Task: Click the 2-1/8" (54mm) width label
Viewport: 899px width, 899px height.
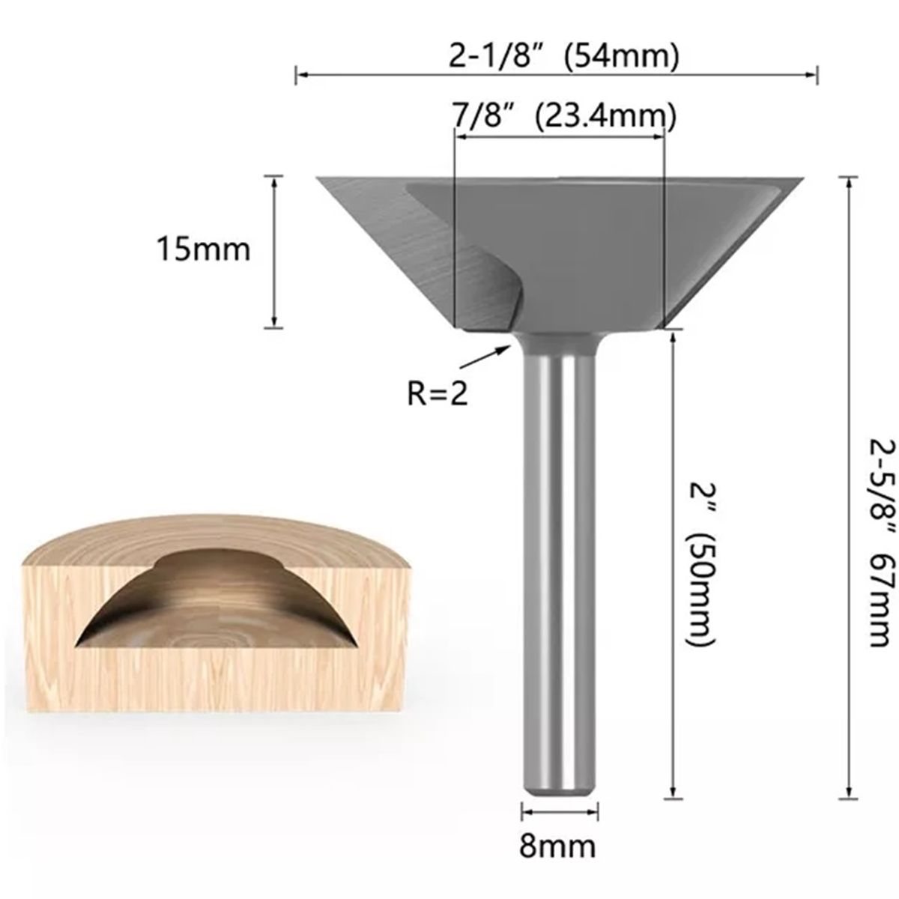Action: pyautogui.click(x=564, y=57)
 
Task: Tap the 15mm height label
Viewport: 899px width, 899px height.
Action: pyautogui.click(x=202, y=249)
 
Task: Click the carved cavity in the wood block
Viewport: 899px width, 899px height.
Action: pyautogui.click(x=217, y=599)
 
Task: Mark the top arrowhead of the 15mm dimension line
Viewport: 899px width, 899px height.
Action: pyautogui.click(x=275, y=181)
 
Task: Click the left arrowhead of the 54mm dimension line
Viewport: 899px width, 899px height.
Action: pyautogui.click(x=300, y=73)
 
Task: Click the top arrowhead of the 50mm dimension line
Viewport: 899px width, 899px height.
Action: pyautogui.click(x=674, y=339)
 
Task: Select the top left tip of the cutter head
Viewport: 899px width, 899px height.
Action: pyautogui.click(x=318, y=178)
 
